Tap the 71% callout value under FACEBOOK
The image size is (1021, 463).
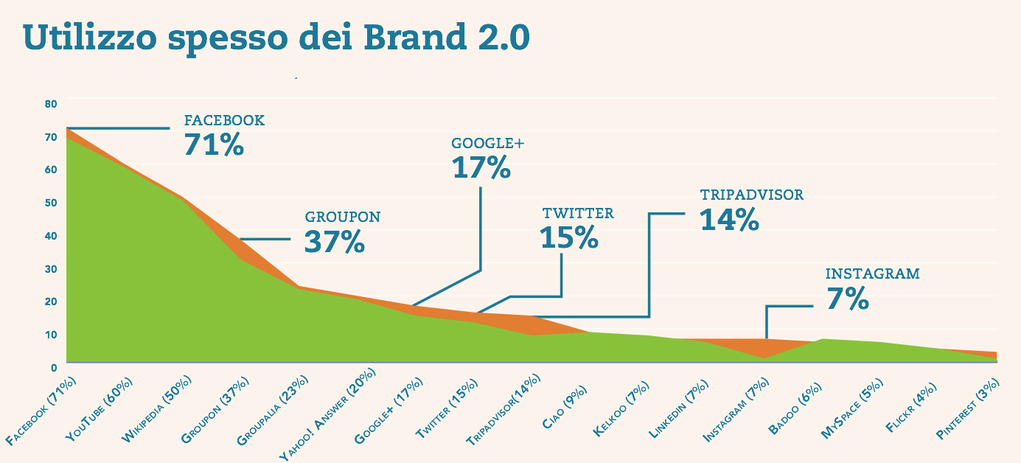pos(214,145)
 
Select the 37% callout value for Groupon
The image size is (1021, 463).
pos(334,242)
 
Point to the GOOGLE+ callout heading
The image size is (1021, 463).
pos(487,145)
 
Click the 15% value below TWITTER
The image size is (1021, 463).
pos(568,237)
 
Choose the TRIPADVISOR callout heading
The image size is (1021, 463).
pos(751,195)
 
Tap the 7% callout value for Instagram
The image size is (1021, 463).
pos(847,299)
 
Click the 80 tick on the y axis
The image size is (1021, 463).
pos(50,104)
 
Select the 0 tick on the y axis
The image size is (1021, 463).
pos(54,366)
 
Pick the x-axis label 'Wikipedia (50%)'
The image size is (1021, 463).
pos(157,409)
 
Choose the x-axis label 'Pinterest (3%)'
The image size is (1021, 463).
pos(968,410)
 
